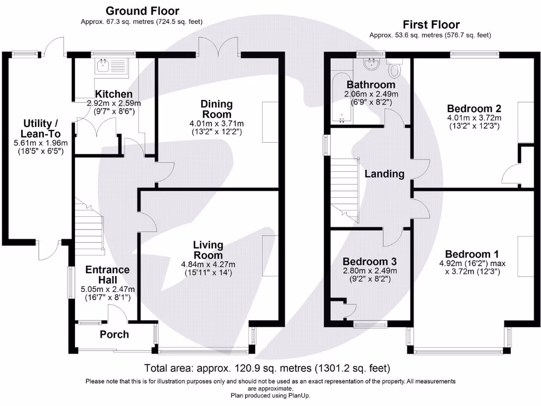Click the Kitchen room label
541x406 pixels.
114,94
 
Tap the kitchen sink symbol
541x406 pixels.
112,65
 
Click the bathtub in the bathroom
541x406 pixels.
342,97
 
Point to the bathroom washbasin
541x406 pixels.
371,64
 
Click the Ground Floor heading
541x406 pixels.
143,11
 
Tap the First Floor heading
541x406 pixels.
431,24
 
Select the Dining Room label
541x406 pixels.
217,109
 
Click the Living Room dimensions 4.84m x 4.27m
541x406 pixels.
208,264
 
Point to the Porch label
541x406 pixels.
114,334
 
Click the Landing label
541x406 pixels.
385,173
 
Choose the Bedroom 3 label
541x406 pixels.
369,261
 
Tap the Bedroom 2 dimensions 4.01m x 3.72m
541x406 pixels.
474,118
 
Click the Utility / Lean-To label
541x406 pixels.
41,128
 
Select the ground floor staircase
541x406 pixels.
89,228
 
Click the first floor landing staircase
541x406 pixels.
344,190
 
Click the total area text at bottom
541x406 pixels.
267,368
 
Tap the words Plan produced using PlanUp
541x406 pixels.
270,395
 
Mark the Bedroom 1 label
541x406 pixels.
472,254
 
